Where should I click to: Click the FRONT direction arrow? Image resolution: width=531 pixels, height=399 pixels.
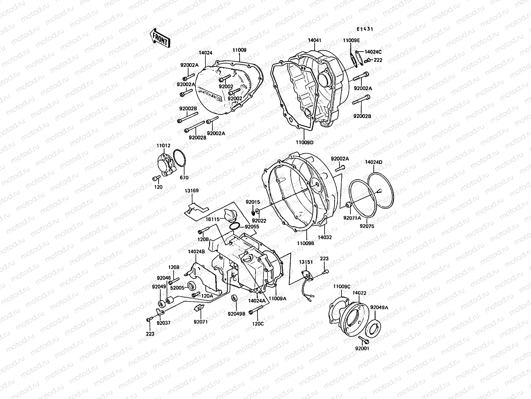pos(160,38)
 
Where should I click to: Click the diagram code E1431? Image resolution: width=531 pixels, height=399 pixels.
pos(365,29)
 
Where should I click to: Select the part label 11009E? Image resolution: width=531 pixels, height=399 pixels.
pos(351,41)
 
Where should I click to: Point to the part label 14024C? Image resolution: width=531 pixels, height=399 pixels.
pos(373,52)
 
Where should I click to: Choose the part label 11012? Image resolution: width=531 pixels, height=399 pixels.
pos(163,146)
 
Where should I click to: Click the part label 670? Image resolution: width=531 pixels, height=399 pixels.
pos(184,178)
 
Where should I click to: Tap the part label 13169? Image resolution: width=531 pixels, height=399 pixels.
pos(192,191)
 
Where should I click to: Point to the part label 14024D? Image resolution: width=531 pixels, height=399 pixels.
pos(374,162)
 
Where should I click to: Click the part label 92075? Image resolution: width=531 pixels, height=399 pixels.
pos(367,226)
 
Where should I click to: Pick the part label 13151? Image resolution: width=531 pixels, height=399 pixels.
pos(306,262)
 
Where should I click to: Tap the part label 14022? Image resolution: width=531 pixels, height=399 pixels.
pos(359,293)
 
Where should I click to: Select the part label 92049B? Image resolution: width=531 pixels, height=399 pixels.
pos(236,314)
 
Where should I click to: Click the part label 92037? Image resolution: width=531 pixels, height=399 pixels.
pos(163,323)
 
